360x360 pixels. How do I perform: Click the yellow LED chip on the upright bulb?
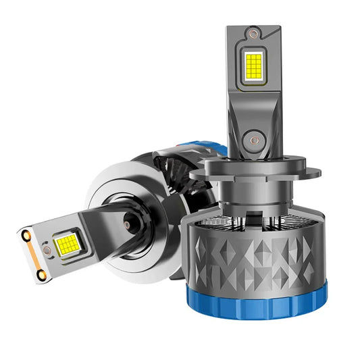(x=255, y=66)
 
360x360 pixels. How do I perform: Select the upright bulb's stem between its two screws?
(x=255, y=108)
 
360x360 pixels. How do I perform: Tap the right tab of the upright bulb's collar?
(x=315, y=174)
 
